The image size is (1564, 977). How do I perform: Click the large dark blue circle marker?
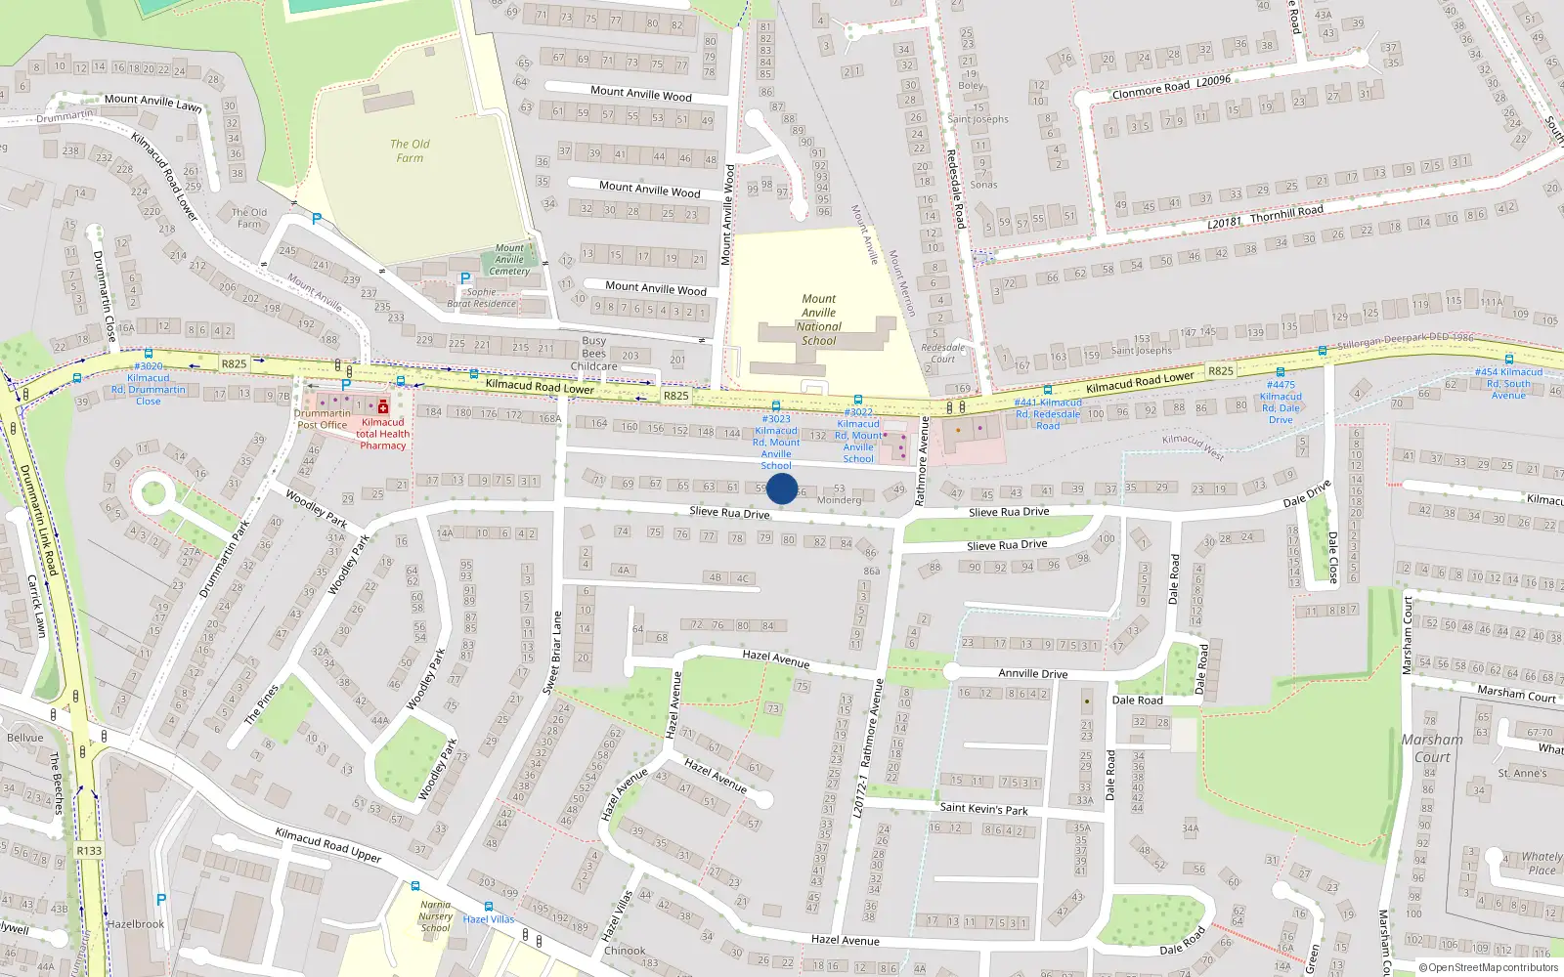pos(781,488)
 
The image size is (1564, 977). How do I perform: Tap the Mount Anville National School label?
pos(819,320)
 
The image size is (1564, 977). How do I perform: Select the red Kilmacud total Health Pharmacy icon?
pos(383,406)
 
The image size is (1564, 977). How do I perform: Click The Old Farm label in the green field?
pos(410,150)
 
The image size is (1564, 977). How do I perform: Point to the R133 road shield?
pos(89,850)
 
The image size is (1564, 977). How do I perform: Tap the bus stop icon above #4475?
pos(1280,372)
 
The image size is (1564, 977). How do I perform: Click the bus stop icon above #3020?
pos(149,354)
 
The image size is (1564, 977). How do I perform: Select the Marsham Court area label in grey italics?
pos(1432,748)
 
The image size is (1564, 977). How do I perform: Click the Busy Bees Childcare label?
pos(594,354)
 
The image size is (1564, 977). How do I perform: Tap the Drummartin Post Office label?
pos(322,419)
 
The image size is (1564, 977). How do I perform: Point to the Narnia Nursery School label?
pos(436,915)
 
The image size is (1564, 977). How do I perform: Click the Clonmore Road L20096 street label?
pos(1171,87)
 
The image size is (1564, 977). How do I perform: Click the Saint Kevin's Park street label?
pos(983,809)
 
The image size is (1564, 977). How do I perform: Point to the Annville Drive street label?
pos(1032,673)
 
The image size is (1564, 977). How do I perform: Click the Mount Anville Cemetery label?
pos(509,259)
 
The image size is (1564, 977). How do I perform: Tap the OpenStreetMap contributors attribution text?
pos(1489,968)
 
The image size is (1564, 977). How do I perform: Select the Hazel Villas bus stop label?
pos(489,919)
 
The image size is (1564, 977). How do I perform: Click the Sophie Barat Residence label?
pos(481,298)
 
